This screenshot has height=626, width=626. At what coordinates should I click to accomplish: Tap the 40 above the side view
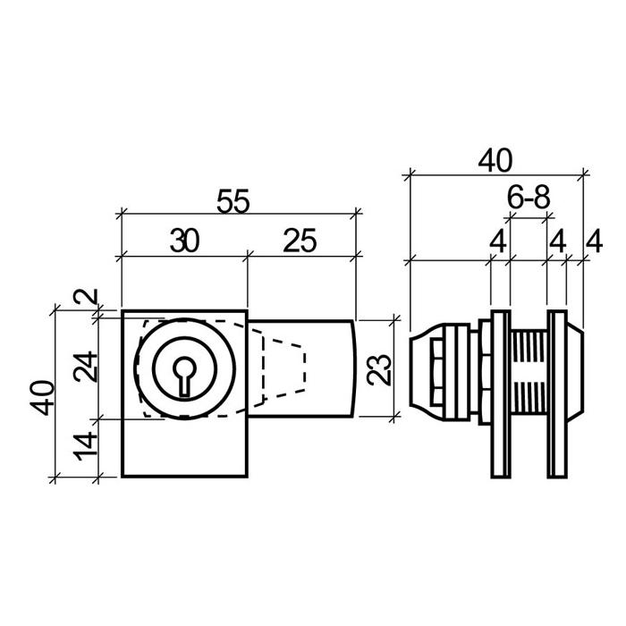[x=494, y=161]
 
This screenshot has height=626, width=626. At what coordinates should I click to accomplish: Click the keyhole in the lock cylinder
[x=184, y=374]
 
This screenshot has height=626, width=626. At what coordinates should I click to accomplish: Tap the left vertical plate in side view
[x=499, y=393]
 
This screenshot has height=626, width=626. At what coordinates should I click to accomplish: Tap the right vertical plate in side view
[x=556, y=393]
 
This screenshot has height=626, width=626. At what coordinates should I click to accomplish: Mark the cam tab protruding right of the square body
[x=331, y=368]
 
